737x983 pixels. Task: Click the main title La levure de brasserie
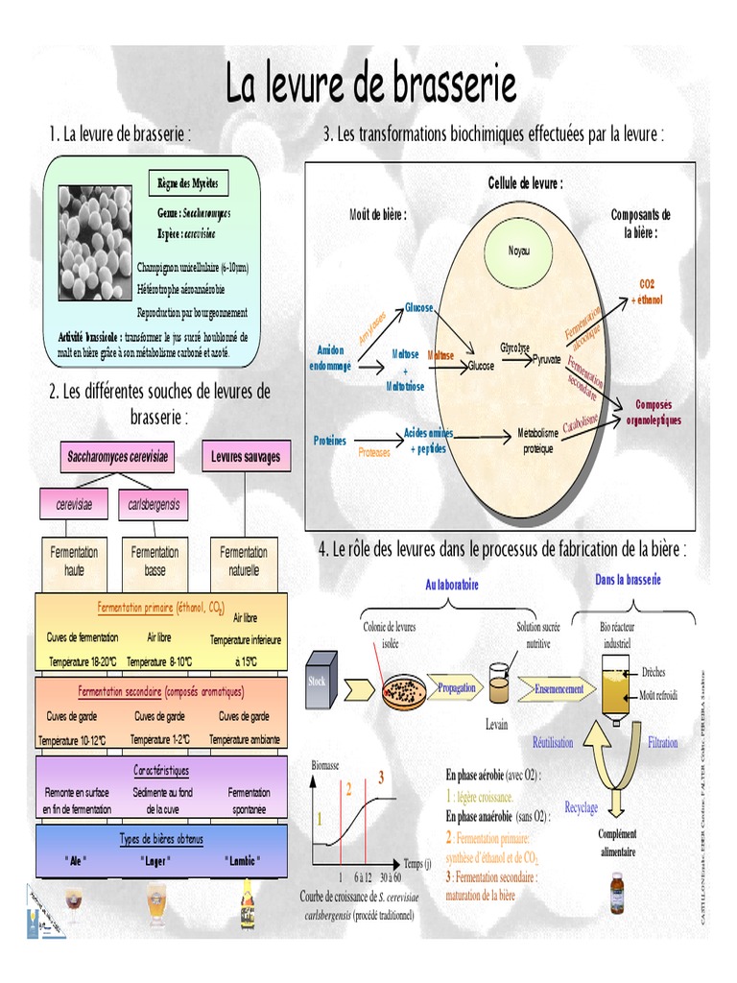click(x=370, y=84)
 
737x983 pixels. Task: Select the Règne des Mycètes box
click(x=188, y=182)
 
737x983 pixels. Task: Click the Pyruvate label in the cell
click(x=546, y=357)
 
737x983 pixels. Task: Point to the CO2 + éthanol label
click(x=646, y=292)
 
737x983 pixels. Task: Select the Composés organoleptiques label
click(x=653, y=413)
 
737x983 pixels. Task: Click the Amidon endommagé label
click(x=329, y=357)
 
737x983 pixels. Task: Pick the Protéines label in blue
click(x=329, y=441)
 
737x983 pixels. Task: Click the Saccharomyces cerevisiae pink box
click(x=117, y=457)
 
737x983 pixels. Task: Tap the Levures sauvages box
click(x=246, y=457)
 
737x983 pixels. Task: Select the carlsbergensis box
click(x=154, y=504)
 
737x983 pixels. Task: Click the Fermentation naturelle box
click(x=244, y=561)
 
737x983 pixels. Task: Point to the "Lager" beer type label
click(x=155, y=860)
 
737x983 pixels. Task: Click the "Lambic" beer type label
click(x=244, y=860)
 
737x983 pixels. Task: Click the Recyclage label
click(x=581, y=807)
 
